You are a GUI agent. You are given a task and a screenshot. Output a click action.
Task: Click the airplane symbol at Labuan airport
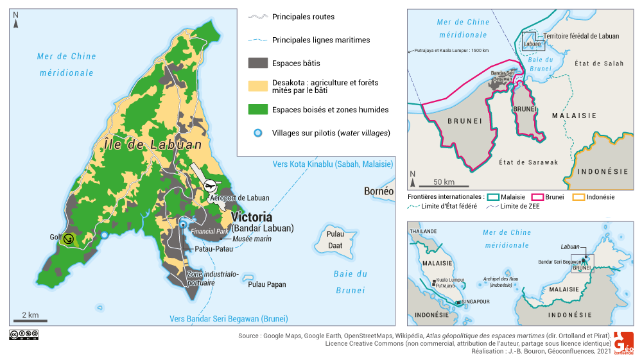point(210,185)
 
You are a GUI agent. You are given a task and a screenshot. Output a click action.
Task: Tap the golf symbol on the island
point(69,239)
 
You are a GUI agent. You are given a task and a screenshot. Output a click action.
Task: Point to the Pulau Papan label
point(266,284)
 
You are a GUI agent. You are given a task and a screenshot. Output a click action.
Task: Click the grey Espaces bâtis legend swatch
point(257,63)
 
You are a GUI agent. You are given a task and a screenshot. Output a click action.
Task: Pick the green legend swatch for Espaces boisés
point(257,110)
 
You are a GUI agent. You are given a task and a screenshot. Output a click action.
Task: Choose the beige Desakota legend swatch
point(257,86)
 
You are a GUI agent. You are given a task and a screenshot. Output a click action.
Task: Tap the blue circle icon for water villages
point(258,133)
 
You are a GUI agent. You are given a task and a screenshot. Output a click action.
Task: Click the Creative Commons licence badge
point(24,334)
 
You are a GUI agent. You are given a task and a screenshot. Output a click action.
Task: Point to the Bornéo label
point(378,191)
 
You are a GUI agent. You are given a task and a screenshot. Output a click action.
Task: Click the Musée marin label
point(252,239)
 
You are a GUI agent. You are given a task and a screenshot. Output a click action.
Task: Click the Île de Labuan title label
point(153,145)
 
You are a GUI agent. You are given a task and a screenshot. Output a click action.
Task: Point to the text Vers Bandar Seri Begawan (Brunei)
point(228,319)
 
